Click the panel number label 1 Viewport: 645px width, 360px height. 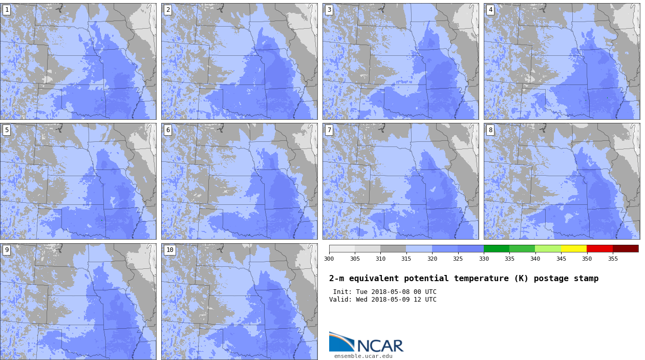click(x=7, y=10)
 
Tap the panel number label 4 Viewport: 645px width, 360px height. click(x=490, y=10)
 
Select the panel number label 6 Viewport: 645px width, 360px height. click(x=168, y=130)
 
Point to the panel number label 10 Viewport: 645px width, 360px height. click(x=169, y=250)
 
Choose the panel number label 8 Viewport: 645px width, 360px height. click(x=490, y=130)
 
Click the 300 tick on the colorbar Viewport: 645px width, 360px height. click(x=329, y=259)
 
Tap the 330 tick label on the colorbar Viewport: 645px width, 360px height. click(x=484, y=259)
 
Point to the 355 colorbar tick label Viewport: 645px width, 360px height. click(x=613, y=259)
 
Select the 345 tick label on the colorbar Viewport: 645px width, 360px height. click(x=561, y=259)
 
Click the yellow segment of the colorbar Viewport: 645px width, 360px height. click(x=574, y=248)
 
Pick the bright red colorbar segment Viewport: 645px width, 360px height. click(x=599, y=248)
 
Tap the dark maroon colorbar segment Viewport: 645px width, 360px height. click(x=626, y=248)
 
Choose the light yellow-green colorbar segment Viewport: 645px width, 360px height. click(x=548, y=248)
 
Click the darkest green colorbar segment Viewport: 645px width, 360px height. click(x=497, y=248)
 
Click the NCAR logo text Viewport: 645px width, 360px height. click(x=380, y=346)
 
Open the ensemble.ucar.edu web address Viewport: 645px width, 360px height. click(x=363, y=356)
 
